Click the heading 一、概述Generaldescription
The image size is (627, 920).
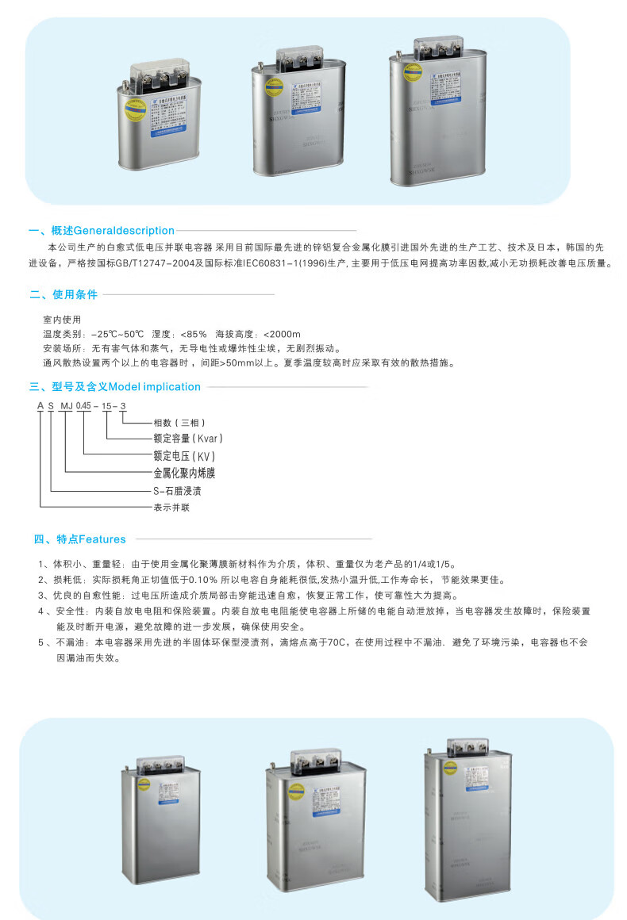click(x=102, y=231)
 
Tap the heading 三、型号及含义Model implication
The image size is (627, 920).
click(x=115, y=387)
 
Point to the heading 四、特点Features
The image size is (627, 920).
click(x=79, y=539)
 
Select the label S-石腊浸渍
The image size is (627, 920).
click(x=177, y=491)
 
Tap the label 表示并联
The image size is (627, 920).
click(x=171, y=507)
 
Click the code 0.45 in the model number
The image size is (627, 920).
click(x=83, y=406)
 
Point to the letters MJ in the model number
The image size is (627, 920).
click(x=66, y=406)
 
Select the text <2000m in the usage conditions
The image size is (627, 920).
click(x=281, y=334)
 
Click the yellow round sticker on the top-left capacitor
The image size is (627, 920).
click(x=131, y=109)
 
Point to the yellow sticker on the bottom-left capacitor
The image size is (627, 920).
click(x=144, y=784)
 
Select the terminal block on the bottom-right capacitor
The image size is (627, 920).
click(x=467, y=747)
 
